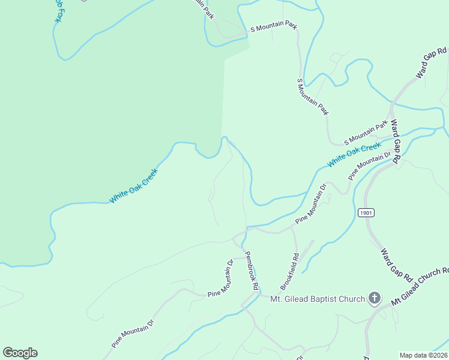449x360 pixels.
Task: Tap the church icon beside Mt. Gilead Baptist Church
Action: [x=375, y=298]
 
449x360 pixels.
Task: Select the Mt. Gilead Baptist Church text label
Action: [x=318, y=299]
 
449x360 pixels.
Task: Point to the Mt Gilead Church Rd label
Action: [x=420, y=287]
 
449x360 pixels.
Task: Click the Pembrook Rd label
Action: [x=251, y=271]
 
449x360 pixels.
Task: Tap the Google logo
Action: [x=20, y=353]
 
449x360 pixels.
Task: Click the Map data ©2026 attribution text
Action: [x=423, y=355]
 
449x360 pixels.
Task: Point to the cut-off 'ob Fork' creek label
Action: [x=55, y=11]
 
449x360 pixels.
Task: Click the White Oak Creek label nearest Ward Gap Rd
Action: [x=354, y=155]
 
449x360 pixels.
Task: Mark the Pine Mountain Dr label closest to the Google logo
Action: [x=133, y=334]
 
